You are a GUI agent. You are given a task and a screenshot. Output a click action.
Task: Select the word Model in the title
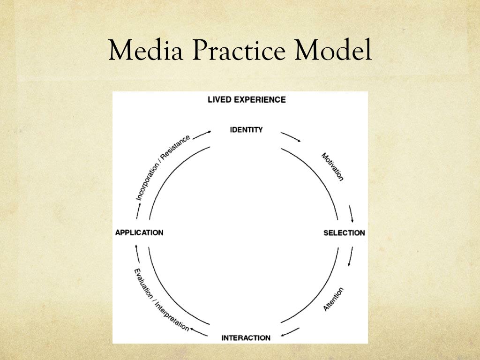coord(333,51)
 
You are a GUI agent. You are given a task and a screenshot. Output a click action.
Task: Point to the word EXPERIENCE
coord(262,99)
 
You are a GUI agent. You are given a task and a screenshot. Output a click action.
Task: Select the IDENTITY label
coord(246,129)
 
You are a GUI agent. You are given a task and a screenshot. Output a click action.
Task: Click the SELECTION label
coord(344,232)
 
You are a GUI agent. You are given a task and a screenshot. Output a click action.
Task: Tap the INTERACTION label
coord(246,337)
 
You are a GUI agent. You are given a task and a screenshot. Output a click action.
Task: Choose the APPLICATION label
coord(139,232)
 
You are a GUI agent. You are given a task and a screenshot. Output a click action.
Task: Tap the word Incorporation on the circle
coord(150,178)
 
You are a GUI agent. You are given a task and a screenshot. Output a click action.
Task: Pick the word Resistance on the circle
coord(179,146)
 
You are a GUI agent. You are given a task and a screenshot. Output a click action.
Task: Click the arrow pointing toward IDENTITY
coord(202,134)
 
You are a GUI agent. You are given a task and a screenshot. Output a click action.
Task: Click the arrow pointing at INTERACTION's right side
coord(291,333)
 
